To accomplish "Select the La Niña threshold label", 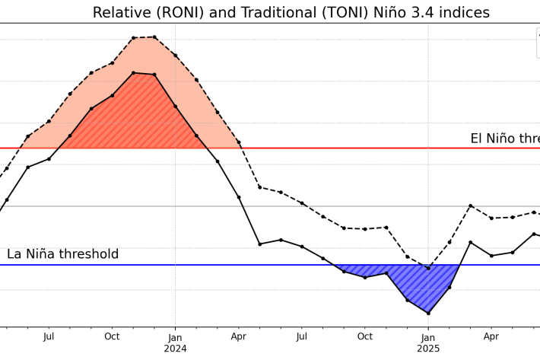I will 63,254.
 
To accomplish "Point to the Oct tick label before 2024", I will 112,336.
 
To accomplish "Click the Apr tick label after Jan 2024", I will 238,336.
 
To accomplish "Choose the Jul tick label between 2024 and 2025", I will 302,336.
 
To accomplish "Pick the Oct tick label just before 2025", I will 365,336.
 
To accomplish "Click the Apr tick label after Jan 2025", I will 491,336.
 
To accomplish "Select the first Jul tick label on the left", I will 49,336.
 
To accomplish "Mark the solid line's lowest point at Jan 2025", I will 428,313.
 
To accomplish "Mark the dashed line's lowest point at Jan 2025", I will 428,268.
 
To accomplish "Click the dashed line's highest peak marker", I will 154,37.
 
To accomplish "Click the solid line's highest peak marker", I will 133,73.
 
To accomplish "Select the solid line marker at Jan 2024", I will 176,106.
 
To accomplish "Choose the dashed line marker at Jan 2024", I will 176,55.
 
